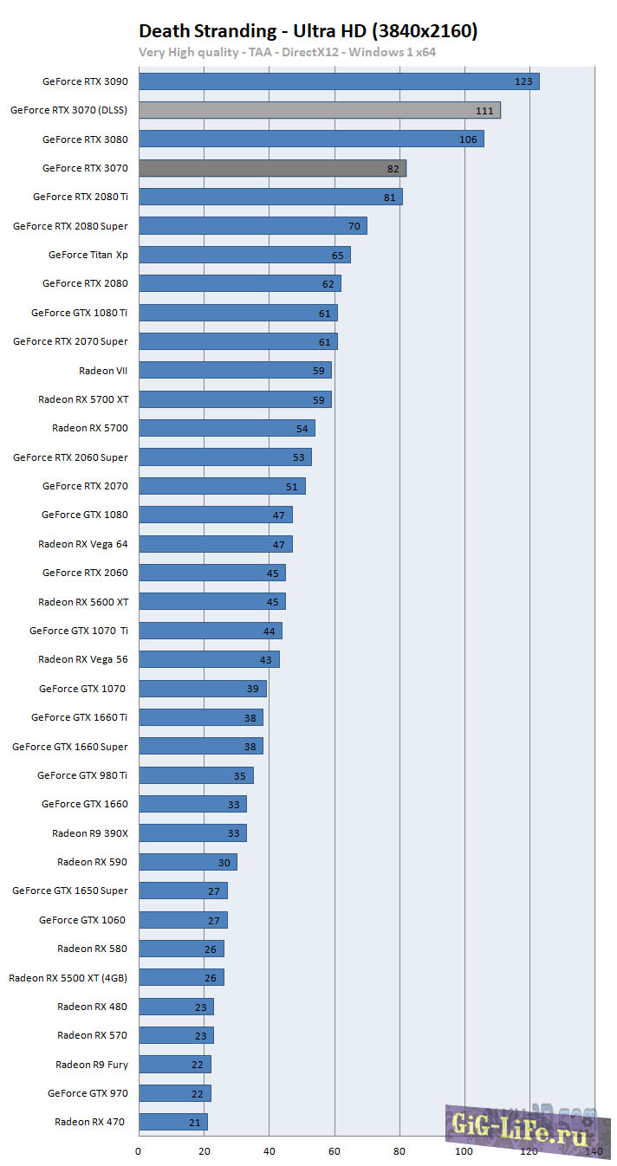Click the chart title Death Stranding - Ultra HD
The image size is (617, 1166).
click(308, 31)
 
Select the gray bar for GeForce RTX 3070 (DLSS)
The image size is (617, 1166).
click(319, 110)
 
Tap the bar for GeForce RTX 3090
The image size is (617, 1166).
click(339, 81)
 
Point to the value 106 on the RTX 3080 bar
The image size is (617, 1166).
click(469, 139)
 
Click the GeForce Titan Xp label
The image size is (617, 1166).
click(88, 255)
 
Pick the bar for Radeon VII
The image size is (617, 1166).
click(235, 370)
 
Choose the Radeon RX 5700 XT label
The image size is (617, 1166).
click(83, 399)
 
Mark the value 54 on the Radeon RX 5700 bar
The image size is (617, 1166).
click(302, 429)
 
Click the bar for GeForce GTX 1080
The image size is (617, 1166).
click(215, 515)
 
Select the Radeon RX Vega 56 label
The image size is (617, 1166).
click(83, 659)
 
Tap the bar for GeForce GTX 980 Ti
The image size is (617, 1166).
click(196, 775)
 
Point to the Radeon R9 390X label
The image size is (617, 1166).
click(90, 833)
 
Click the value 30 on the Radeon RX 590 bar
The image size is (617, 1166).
click(224, 863)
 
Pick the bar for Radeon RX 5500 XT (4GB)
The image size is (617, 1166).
click(181, 977)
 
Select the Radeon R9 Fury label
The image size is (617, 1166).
click(92, 1065)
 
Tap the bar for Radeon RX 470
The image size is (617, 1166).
click(173, 1122)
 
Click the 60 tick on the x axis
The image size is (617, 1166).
click(334, 1151)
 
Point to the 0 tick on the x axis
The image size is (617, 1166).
click(139, 1151)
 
